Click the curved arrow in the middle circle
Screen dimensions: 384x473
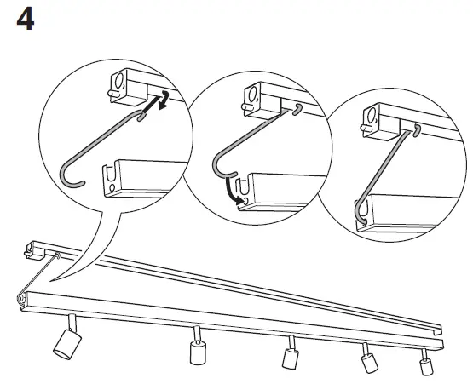[232, 187]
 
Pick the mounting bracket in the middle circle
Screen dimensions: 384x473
[253, 95]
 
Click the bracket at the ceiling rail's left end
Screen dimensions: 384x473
[36, 249]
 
